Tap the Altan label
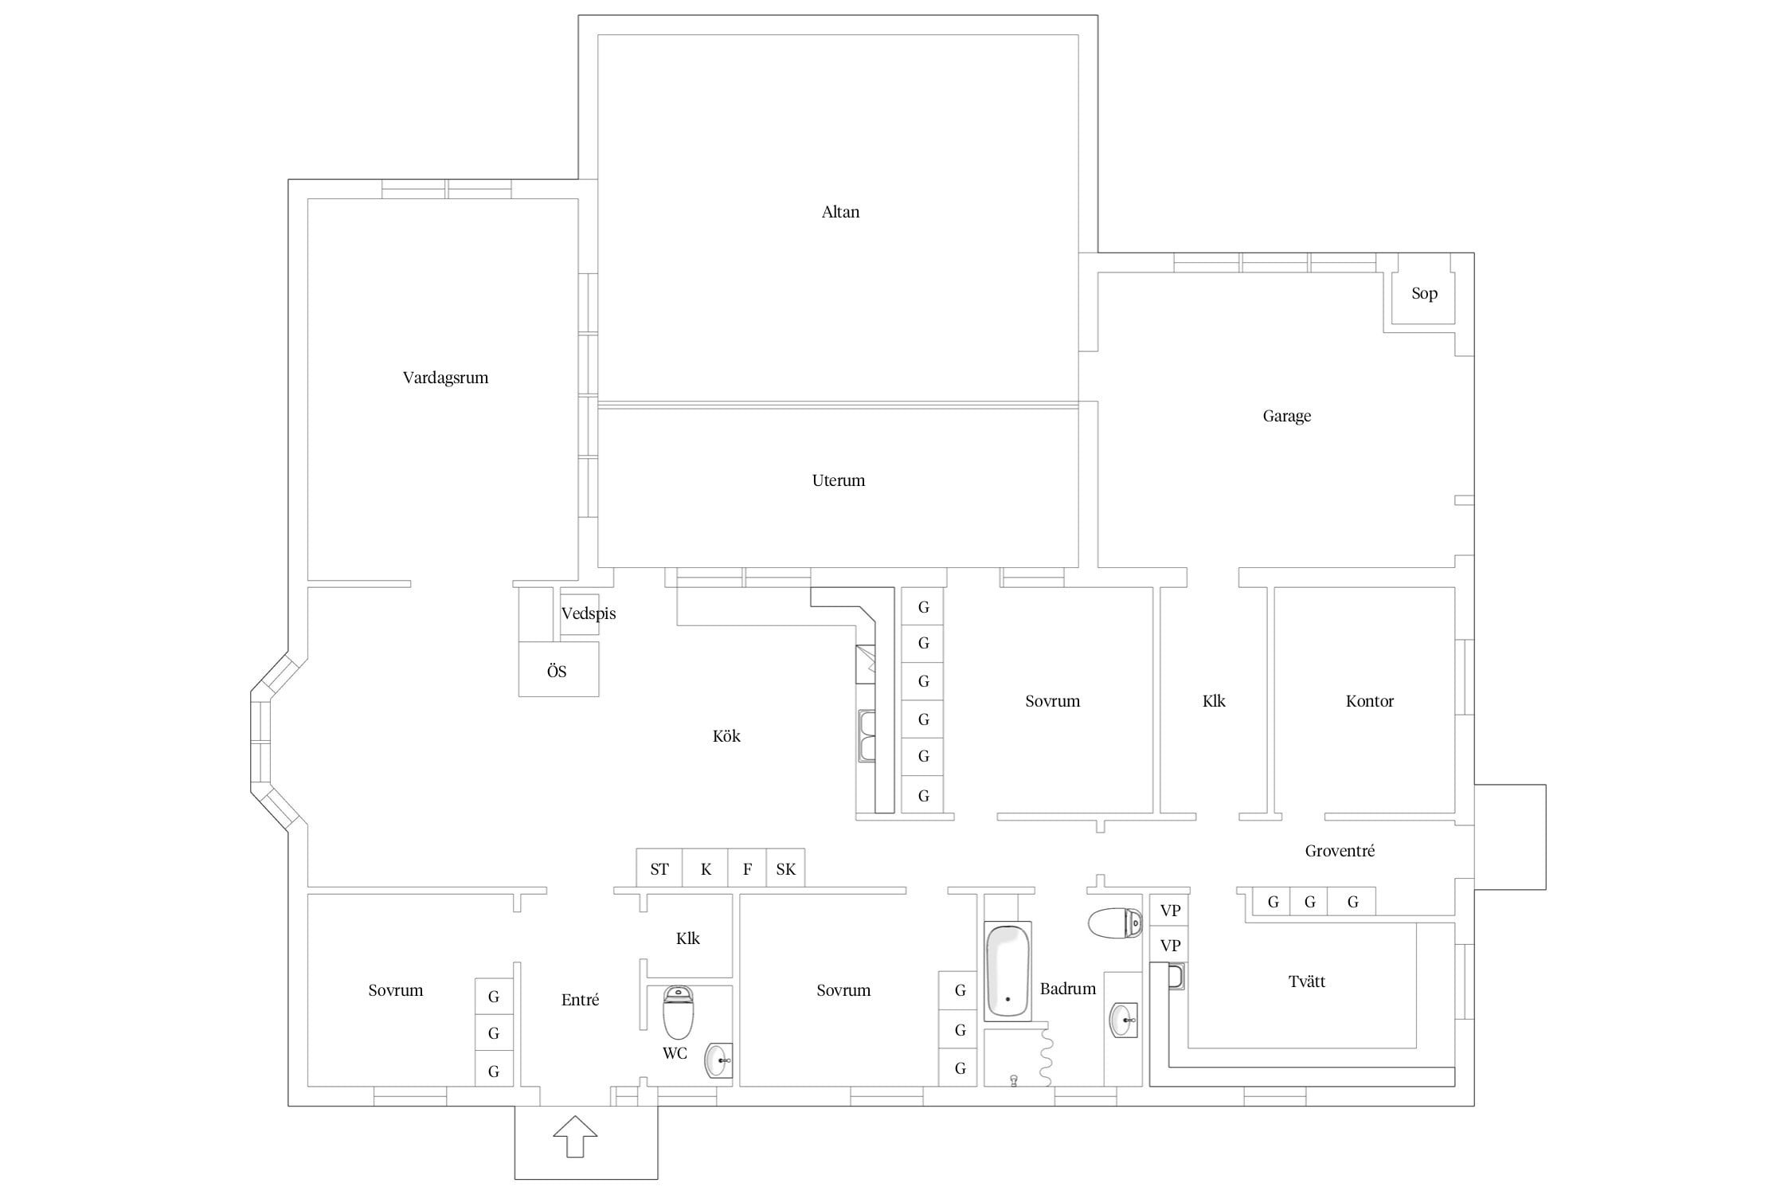[840, 212]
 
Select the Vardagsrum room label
[445, 378]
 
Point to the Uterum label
[838, 480]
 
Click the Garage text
[1286, 416]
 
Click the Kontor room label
[1369, 701]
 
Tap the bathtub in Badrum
[1008, 971]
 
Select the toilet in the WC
[678, 1012]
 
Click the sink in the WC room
[718, 1060]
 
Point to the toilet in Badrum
[1115, 923]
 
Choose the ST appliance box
[659, 868]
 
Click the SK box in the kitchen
[785, 868]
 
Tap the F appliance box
[747, 868]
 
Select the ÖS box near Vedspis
[558, 669]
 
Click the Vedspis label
[589, 613]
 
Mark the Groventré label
[1340, 851]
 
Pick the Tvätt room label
[1307, 981]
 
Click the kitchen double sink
[867, 736]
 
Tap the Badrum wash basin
[1124, 1020]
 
